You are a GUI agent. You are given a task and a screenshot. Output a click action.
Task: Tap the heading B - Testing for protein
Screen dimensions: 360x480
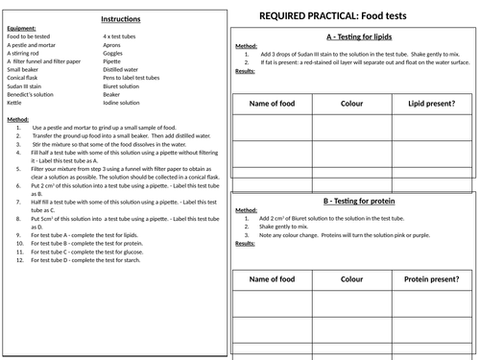click(x=354, y=203)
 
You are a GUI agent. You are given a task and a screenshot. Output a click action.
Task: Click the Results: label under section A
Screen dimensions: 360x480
click(x=245, y=71)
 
